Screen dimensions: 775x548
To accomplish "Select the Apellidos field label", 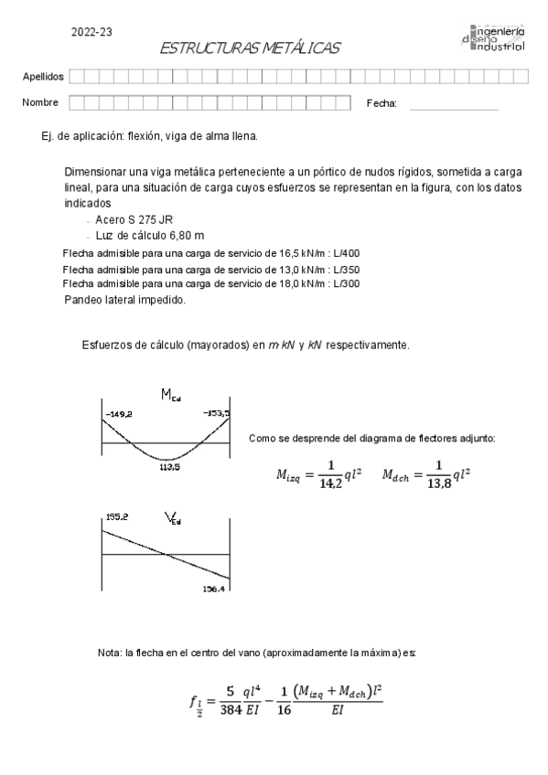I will pyautogui.click(x=42, y=76).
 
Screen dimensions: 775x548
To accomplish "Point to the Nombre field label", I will pyautogui.click(x=40, y=103).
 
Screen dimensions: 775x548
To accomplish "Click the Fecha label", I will pyautogui.click(x=381, y=104).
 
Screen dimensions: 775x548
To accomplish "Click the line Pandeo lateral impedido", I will pyautogui.click(x=125, y=300).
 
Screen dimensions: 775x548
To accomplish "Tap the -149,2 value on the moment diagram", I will pyautogui.click(x=119, y=414).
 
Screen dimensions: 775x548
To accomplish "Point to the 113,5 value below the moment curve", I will pyautogui.click(x=168, y=465).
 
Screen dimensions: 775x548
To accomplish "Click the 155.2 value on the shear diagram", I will pyautogui.click(x=116, y=517).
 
